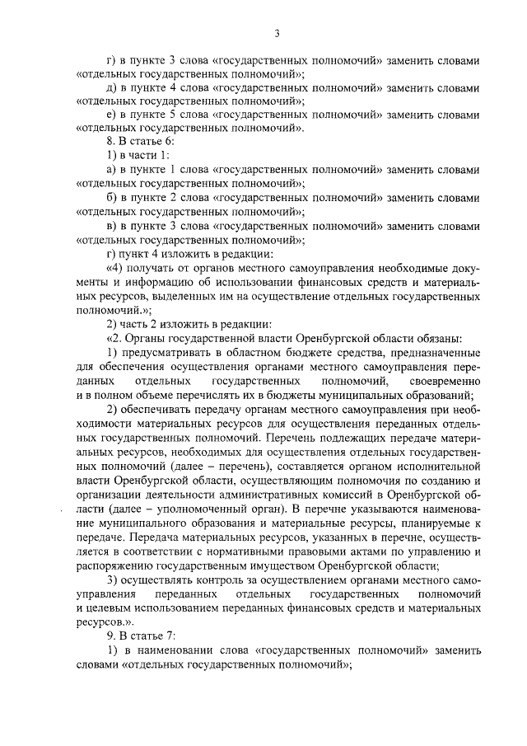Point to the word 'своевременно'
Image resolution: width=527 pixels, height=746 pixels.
(443, 381)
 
